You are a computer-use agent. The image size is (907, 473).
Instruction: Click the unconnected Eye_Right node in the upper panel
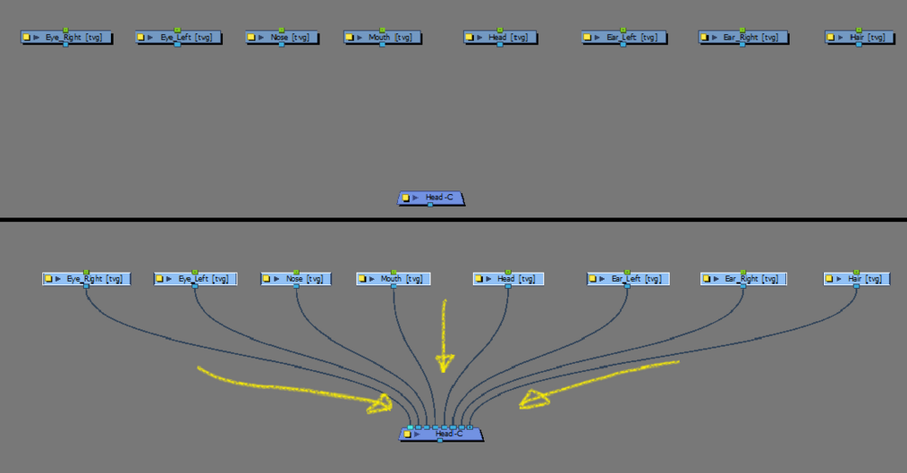[x=67, y=38]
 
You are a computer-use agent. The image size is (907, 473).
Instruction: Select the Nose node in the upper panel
[x=282, y=38]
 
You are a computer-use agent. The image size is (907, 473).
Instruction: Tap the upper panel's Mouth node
[x=383, y=38]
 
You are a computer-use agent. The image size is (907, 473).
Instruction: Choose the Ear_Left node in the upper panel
[x=624, y=38]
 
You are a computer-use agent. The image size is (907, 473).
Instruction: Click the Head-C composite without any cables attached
[x=431, y=198]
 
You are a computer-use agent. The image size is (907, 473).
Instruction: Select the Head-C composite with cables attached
[x=441, y=434]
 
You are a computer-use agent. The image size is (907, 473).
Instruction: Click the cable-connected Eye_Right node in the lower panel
[x=86, y=279]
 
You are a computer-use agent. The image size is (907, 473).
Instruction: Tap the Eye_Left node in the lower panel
[x=195, y=279]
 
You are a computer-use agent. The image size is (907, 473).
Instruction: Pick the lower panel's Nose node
[x=295, y=279]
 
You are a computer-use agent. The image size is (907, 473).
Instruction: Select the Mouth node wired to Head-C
[x=393, y=279]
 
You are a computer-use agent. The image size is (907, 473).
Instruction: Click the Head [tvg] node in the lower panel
[x=508, y=279]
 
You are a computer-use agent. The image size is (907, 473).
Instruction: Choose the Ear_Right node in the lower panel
[x=744, y=279]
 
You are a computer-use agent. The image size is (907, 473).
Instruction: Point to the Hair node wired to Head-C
[x=857, y=279]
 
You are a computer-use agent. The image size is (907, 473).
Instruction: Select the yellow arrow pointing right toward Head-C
[x=298, y=388]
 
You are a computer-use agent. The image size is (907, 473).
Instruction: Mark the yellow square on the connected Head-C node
[x=407, y=434]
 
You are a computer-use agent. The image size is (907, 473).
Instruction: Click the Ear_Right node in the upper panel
[x=743, y=38]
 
